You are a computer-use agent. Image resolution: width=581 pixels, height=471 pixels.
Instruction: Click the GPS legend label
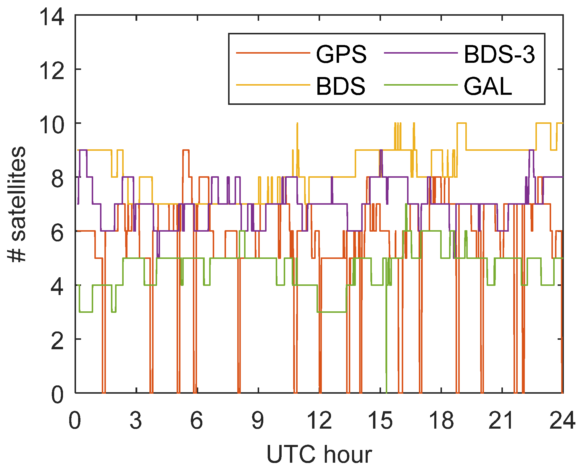coord(341,54)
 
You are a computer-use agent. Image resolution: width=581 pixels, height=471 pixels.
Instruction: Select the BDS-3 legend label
coord(499,54)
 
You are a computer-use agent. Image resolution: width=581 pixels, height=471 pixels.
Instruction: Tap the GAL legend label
coord(488,86)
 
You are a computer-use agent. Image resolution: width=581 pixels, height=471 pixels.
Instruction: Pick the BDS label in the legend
coord(340,86)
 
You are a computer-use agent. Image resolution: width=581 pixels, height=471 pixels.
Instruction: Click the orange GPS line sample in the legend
coord(273,53)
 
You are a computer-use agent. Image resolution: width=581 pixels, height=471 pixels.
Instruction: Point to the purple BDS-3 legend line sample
coord(421,53)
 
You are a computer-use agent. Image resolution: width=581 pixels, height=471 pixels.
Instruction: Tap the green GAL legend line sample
coord(421,85)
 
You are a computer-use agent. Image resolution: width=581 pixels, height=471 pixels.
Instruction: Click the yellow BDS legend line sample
coord(273,85)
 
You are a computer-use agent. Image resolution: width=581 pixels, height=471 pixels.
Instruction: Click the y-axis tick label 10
coord(52,124)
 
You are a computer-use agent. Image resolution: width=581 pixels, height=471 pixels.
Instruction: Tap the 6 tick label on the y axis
coord(57,233)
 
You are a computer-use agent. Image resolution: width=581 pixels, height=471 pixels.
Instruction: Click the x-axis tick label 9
coord(258,420)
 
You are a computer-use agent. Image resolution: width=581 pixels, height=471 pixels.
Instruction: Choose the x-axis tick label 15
coord(380,420)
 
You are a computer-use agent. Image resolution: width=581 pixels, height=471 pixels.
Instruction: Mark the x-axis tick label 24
coord(562,420)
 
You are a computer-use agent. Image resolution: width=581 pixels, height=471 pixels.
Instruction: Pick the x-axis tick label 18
coord(441,420)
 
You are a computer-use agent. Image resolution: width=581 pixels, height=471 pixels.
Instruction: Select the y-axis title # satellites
coord(17,204)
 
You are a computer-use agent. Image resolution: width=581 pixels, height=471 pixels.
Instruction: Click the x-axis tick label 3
coord(136,420)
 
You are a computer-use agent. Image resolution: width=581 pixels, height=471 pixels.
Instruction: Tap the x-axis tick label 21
coord(501,420)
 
